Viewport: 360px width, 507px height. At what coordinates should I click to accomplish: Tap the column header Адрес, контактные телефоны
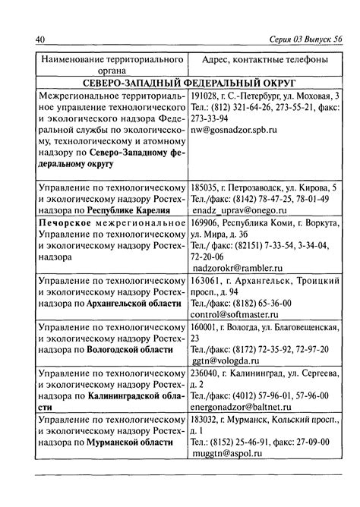[265, 59]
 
